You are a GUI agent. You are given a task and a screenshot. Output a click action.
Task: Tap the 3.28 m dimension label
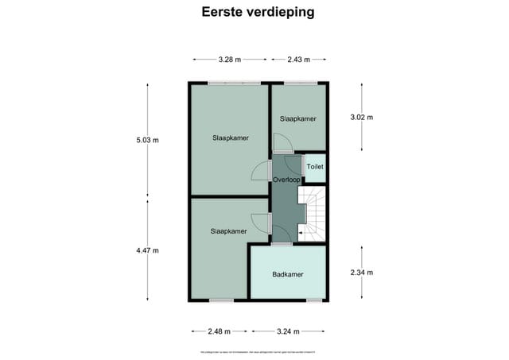point(230,59)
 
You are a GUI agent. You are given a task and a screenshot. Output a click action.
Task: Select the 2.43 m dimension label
point(298,59)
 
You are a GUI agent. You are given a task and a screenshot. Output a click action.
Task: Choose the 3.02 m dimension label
point(362,118)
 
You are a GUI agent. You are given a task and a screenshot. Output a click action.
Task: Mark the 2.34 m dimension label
point(362,273)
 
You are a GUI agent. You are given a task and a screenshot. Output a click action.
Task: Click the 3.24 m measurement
point(288,332)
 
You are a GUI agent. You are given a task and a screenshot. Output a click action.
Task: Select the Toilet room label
point(315,168)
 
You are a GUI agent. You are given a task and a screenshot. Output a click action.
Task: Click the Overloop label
point(286,180)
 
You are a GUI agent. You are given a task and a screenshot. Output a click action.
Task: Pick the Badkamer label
point(286,274)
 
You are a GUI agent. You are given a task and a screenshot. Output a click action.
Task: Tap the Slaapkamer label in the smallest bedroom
point(298,118)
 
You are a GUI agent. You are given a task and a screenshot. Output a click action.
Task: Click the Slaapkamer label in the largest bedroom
point(230,137)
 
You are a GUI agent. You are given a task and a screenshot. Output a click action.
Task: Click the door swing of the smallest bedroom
point(282,142)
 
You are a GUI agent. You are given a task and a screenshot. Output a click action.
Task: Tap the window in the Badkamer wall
point(314,300)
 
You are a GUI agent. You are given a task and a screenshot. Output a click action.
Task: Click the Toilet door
point(304,168)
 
